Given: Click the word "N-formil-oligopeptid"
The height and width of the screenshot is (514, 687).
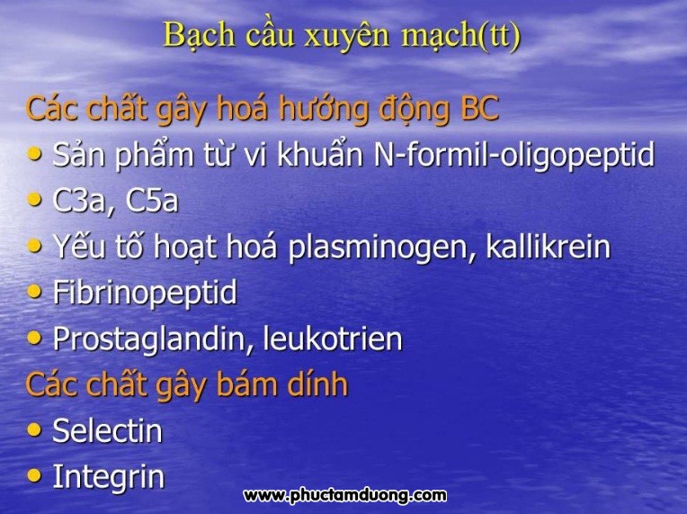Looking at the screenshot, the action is click(514, 154).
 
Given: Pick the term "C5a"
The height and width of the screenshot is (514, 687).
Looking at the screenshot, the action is click(152, 201).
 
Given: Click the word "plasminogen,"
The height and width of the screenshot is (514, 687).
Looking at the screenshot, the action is click(382, 247).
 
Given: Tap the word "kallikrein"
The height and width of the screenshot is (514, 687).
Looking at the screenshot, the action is click(549, 246).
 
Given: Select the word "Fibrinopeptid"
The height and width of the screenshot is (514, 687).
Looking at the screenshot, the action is click(145, 293).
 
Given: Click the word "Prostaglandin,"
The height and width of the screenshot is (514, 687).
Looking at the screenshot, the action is click(154, 339).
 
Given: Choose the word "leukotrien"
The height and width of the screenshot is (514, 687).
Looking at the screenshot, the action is click(333, 338).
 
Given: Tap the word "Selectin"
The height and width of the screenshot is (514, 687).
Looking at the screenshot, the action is click(108, 430).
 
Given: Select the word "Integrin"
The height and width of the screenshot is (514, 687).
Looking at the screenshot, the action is click(109, 477).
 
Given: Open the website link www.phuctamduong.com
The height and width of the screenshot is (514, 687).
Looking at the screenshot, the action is click(344, 496).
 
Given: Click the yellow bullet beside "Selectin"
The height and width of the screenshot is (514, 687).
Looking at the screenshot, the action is click(34, 430).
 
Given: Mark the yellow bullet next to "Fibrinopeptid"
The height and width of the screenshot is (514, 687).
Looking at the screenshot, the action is click(34, 292).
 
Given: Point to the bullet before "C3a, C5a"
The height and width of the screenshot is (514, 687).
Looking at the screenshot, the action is click(34, 200).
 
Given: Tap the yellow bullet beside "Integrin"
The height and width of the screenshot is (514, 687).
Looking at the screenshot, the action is click(34, 476).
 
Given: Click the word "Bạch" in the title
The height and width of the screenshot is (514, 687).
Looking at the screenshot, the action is click(200, 35).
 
